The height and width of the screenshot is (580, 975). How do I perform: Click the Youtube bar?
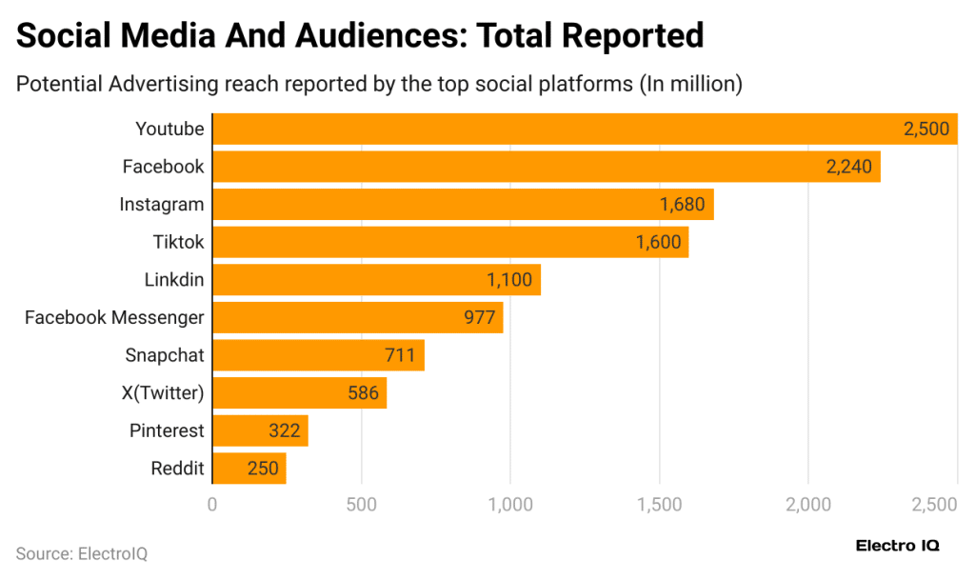pos(584,129)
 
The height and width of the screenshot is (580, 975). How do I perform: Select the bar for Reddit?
pos(249,469)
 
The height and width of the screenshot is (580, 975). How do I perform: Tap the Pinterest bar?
pos(260,430)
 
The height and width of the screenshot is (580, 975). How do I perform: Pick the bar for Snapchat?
pos(318,355)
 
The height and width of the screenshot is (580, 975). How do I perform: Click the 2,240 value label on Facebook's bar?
pos(849,167)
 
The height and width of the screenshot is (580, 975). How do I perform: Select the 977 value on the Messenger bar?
pos(480,317)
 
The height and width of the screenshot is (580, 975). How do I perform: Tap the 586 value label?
pos(364,392)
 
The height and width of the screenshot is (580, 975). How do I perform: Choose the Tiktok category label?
pos(178,242)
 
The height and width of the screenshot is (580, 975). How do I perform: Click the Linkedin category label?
pos(174,280)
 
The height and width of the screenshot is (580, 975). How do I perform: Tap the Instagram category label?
pos(162,204)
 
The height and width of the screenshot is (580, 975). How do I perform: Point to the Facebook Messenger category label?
pos(114,317)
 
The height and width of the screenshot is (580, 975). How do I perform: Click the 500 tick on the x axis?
pos(361,504)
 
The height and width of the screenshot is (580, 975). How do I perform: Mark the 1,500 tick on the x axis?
pos(659,504)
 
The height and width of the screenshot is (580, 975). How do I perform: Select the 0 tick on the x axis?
pos(212,504)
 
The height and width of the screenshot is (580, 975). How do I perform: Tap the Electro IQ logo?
pos(898,546)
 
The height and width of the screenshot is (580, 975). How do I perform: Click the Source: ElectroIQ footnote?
pos(81,553)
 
